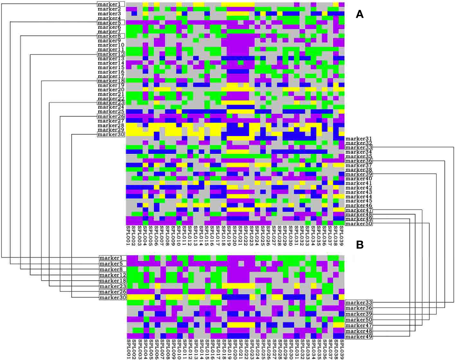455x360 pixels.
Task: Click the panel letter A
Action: pos(360,14)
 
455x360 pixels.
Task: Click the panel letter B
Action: pos(360,245)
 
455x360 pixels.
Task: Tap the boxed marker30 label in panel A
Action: pos(111,135)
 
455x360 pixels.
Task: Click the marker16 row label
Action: pos(111,72)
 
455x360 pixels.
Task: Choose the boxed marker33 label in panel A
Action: pos(359,148)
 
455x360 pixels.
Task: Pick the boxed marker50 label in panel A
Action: pos(359,224)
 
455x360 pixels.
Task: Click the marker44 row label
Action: pos(359,197)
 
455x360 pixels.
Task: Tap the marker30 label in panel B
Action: pos(112,298)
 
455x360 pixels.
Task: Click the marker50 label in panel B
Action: pos(359,320)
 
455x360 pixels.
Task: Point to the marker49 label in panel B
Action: pos(359,337)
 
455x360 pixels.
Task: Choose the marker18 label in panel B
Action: pos(112,281)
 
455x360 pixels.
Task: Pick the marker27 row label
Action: pos(111,121)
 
